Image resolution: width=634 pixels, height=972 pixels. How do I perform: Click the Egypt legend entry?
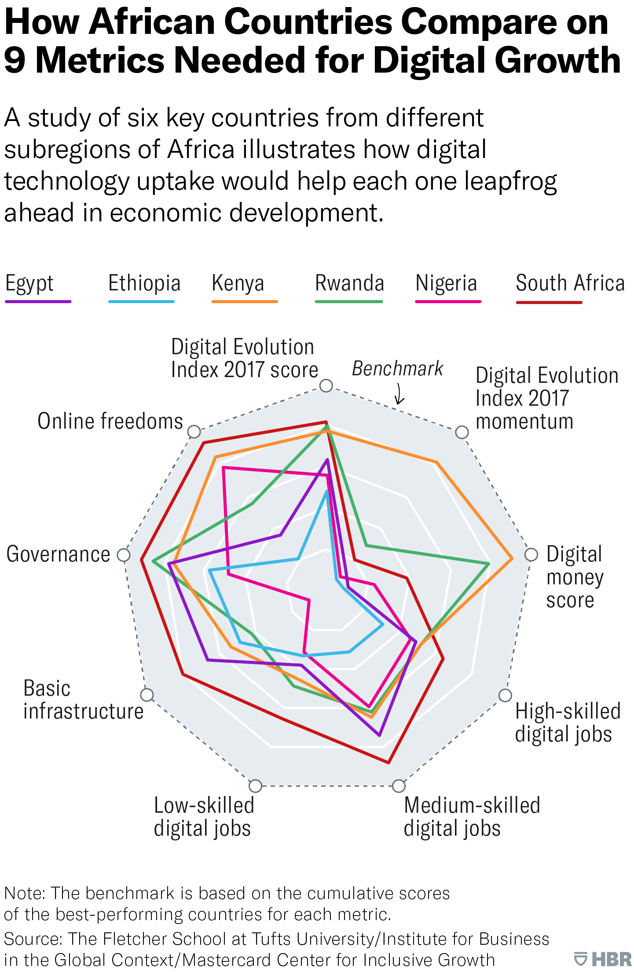click(29, 284)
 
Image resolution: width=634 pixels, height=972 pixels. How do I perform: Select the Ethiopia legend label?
click(144, 284)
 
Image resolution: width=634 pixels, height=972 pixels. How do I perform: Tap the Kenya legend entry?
click(238, 284)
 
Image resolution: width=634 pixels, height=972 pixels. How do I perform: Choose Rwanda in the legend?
click(349, 284)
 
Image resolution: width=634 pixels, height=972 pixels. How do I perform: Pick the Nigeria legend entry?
click(446, 284)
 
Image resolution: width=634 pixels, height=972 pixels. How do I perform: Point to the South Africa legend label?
click(570, 284)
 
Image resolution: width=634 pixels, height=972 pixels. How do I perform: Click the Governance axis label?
click(58, 554)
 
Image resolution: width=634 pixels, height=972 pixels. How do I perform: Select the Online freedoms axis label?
click(110, 422)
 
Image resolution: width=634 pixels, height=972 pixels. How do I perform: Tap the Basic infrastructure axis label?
click(83, 700)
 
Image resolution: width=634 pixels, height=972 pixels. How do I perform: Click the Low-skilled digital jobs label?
click(204, 817)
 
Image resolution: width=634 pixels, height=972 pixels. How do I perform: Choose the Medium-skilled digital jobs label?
click(472, 817)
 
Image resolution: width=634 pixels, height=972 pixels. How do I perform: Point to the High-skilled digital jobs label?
click(567, 723)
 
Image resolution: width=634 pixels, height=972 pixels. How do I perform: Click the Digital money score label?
click(574, 577)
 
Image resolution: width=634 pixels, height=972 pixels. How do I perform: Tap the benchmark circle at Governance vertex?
click(124, 555)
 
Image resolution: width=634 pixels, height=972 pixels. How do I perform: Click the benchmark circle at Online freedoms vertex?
click(194, 432)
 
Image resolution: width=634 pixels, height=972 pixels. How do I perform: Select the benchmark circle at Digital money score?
click(531, 555)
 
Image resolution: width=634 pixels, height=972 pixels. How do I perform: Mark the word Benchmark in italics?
click(397, 369)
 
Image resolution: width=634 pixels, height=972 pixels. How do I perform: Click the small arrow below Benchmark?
click(399, 394)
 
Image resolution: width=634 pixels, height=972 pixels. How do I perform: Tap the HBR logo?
click(603, 959)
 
